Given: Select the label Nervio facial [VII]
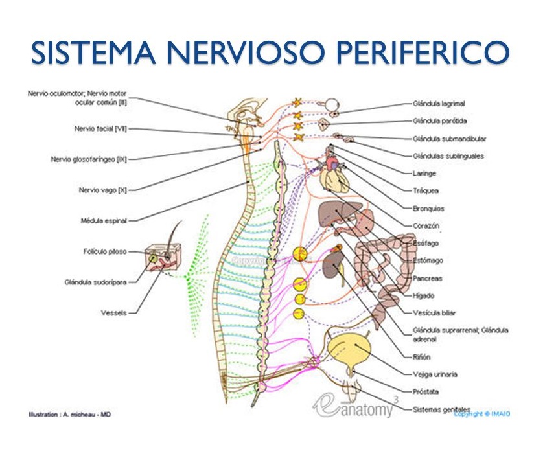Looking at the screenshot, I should (100, 129).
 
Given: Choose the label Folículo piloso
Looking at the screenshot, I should (104, 251).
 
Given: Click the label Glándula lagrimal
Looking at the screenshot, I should (439, 103).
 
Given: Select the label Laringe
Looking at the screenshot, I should (424, 174).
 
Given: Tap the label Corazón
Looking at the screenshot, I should (426, 226).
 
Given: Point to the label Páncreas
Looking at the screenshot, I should (427, 279).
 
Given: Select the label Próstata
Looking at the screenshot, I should (426, 392).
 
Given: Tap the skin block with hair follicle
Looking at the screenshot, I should (159, 258).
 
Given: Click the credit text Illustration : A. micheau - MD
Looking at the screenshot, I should (69, 414).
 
